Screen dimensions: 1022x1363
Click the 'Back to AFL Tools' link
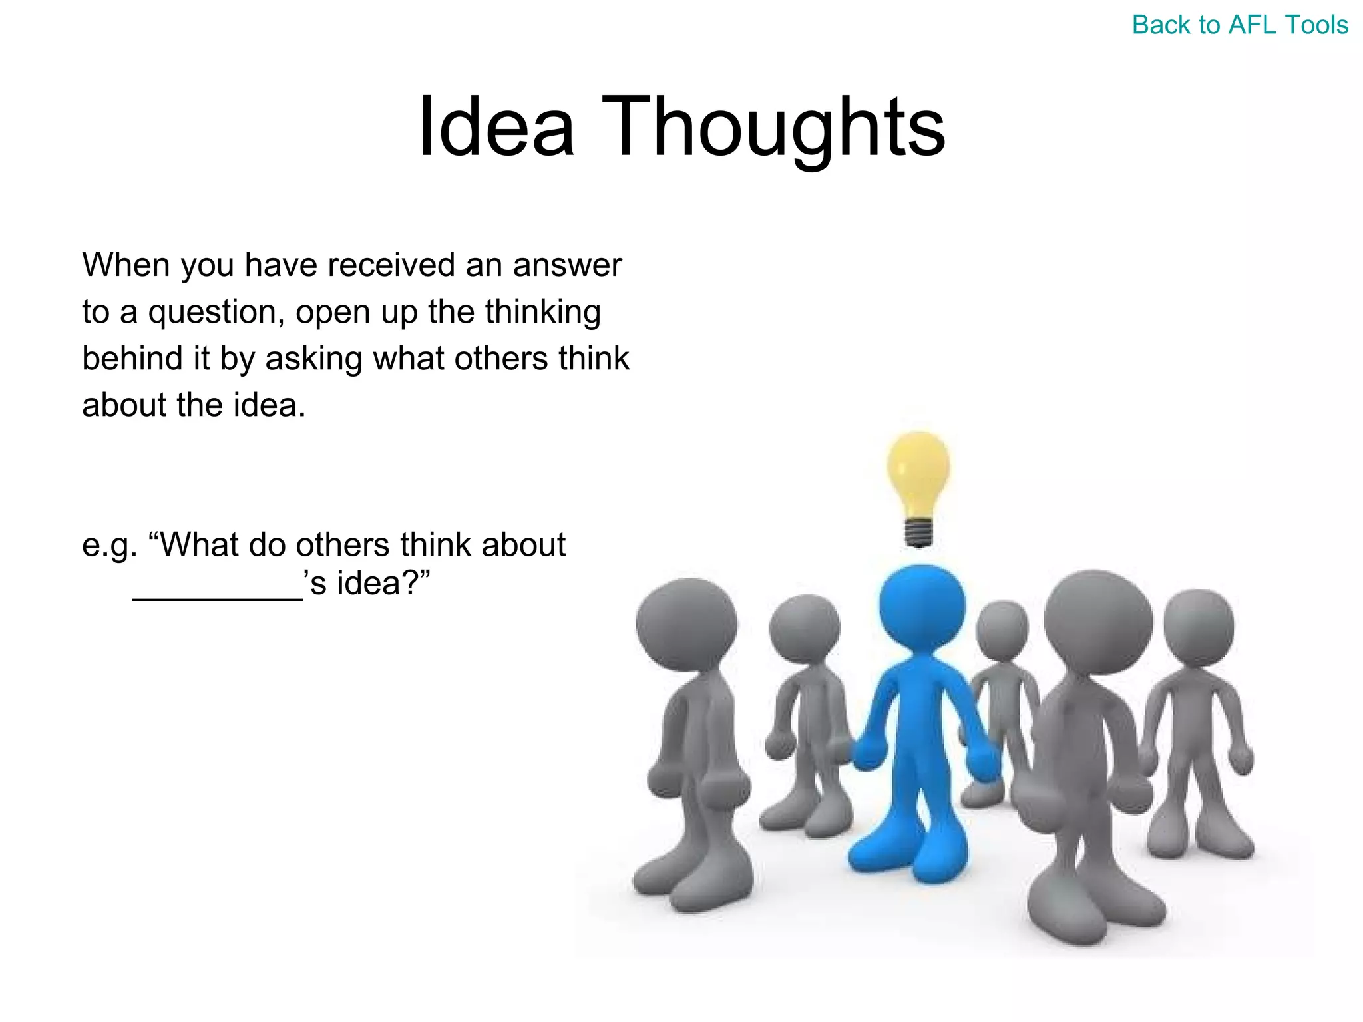click(1240, 25)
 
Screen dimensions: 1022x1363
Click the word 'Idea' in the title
click(496, 126)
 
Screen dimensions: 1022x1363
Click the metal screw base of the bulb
click(918, 533)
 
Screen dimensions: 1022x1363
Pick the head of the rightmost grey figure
click(1199, 625)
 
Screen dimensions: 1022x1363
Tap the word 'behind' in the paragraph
click(132, 358)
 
